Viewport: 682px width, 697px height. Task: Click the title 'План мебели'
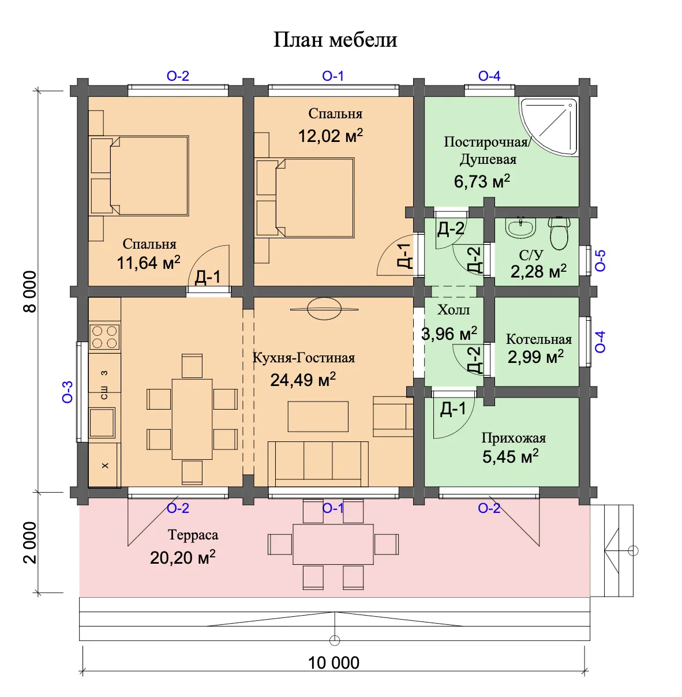pyautogui.click(x=335, y=39)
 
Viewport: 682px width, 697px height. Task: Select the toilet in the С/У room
pyautogui.click(x=559, y=233)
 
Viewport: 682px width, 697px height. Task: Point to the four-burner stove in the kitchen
pyautogui.click(x=104, y=337)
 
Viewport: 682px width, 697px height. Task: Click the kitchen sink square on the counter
pyautogui.click(x=102, y=422)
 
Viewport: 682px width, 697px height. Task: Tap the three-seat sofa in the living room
pyautogui.click(x=318, y=464)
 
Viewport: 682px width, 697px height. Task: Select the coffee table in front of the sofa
pyautogui.click(x=318, y=417)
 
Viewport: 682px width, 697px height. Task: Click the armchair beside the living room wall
pyautogui.click(x=393, y=416)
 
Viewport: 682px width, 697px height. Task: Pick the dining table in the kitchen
pyautogui.click(x=192, y=419)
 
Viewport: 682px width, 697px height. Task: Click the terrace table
pyautogui.click(x=333, y=544)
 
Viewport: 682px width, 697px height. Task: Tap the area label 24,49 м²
pyautogui.click(x=303, y=380)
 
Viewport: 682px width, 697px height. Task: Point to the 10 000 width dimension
pyautogui.click(x=333, y=662)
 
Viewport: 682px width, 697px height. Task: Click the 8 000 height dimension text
pyautogui.click(x=30, y=291)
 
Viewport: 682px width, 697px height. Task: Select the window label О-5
pyautogui.click(x=601, y=260)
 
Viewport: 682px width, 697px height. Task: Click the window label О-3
pyautogui.click(x=68, y=392)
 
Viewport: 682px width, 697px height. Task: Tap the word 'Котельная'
pyautogui.click(x=539, y=339)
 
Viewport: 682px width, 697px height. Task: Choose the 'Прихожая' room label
pyautogui.click(x=514, y=438)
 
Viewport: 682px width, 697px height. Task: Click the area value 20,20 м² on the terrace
pyautogui.click(x=183, y=558)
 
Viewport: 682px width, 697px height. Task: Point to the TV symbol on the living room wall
pyautogui.click(x=324, y=309)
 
